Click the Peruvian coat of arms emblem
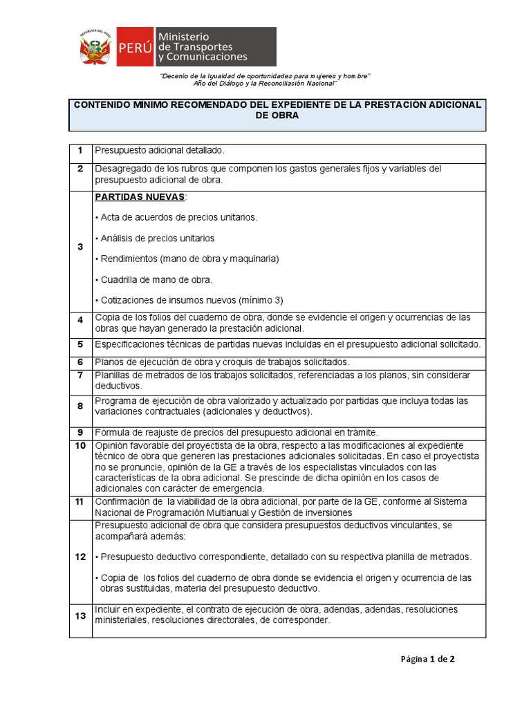tap(95, 48)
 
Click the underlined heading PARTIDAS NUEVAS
tap(139, 197)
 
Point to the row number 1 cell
tap(80, 150)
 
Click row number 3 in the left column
tap(80, 247)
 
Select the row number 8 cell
tap(80, 406)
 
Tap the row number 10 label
tap(80, 445)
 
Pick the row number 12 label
tap(80, 556)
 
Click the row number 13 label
tap(80, 615)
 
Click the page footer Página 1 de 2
tap(427, 659)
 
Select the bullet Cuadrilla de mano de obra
tap(156, 279)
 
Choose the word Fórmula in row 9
tap(112, 432)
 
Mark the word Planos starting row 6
tap(109, 362)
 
